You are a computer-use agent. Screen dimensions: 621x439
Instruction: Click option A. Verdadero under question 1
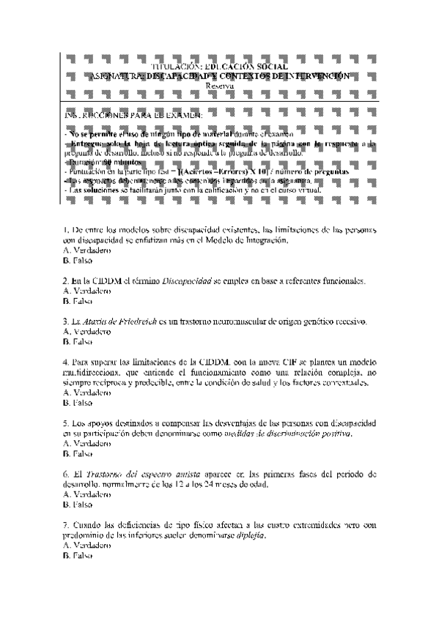pyautogui.click(x=86, y=250)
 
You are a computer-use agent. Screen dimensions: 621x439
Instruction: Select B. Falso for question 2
pyautogui.click(x=78, y=301)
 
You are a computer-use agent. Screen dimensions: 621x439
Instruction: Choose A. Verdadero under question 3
pyautogui.click(x=86, y=332)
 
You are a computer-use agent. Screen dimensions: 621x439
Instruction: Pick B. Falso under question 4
pyautogui.click(x=78, y=403)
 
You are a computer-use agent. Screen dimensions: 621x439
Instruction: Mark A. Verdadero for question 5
pyautogui.click(x=86, y=443)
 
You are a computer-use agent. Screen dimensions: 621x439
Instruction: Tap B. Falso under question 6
pyautogui.click(x=78, y=505)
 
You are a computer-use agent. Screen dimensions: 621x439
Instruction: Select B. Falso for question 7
pyautogui.click(x=78, y=556)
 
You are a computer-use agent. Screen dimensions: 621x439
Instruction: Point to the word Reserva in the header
pyautogui.click(x=219, y=85)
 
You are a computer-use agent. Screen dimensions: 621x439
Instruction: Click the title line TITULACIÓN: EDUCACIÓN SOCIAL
pyautogui.click(x=219, y=67)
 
